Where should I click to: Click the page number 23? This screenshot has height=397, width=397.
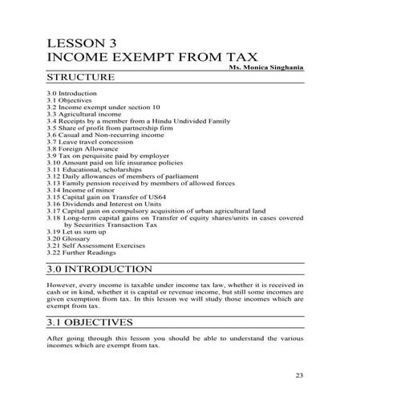tap(300, 375)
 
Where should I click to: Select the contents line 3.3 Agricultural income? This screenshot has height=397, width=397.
tap(84, 113)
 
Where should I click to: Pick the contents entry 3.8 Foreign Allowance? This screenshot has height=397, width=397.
tap(83, 148)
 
